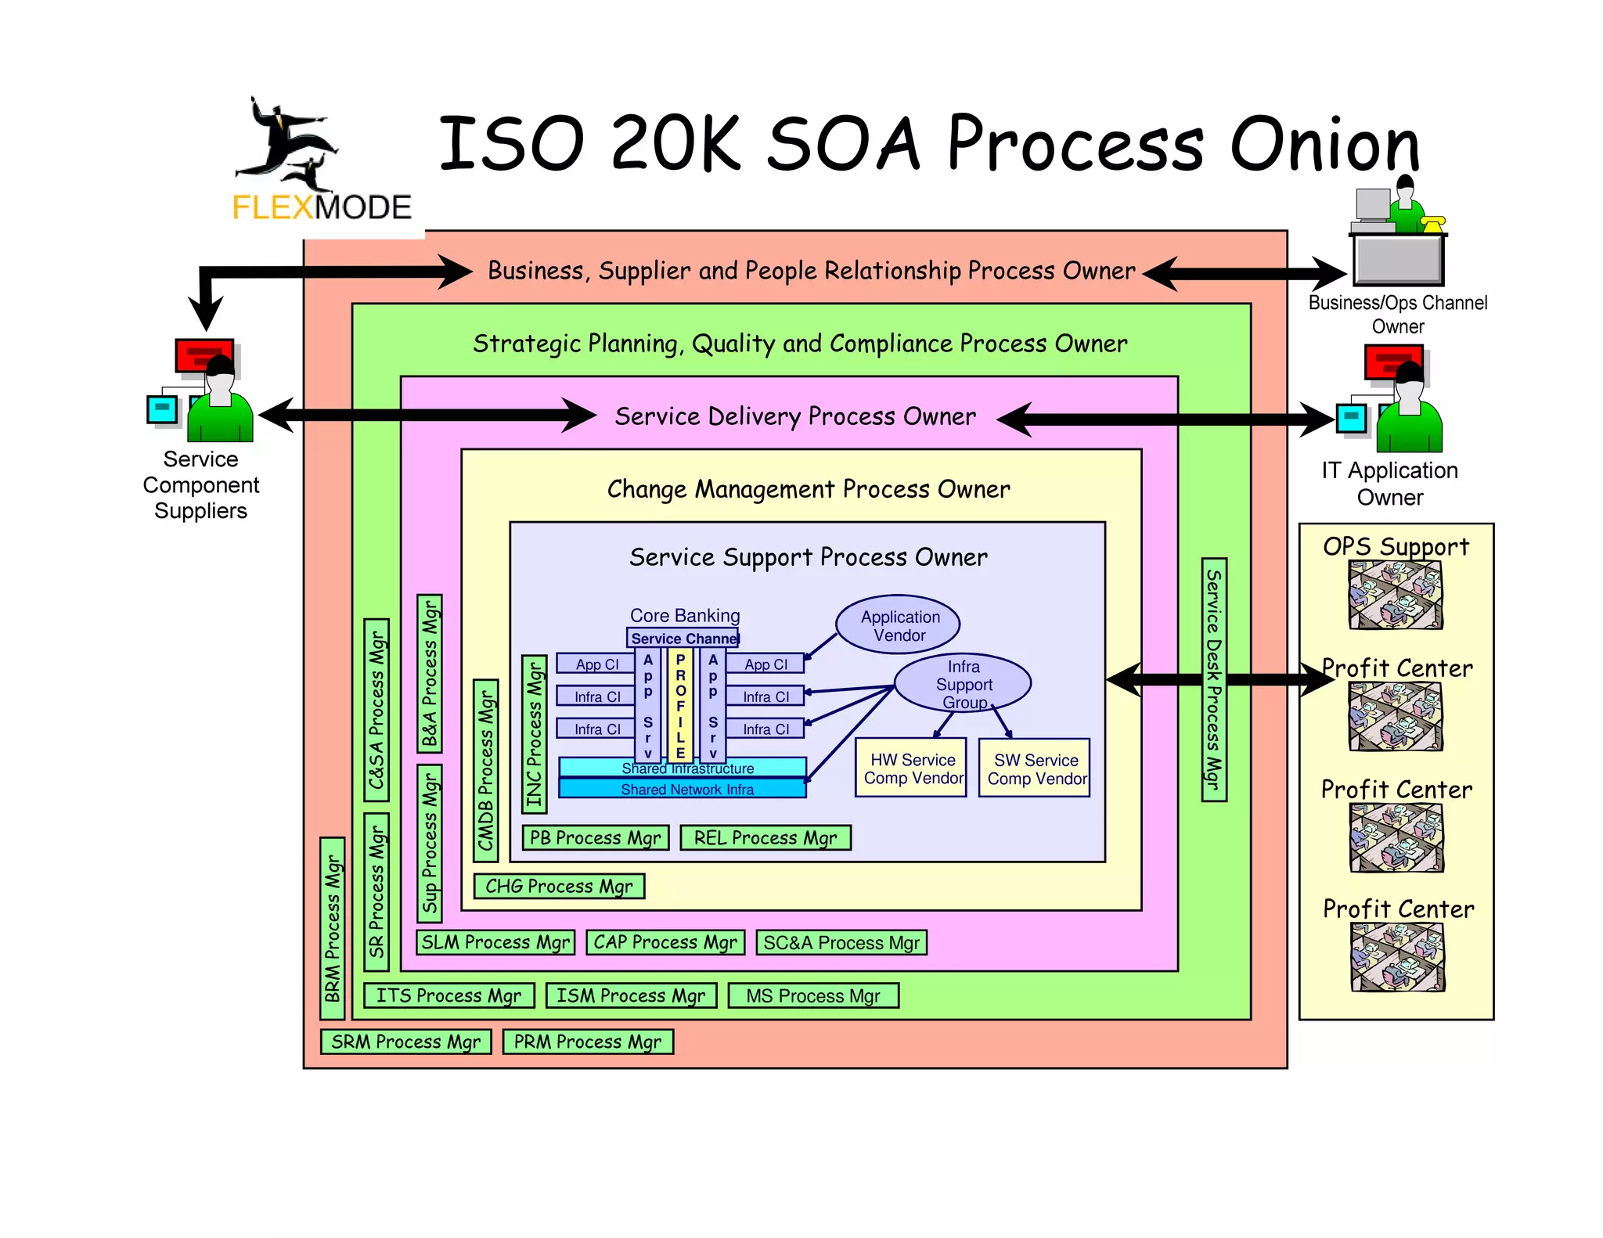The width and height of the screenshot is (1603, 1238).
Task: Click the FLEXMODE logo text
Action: pyautogui.click(x=322, y=207)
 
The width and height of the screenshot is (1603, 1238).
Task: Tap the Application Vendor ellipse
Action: pyautogui.click(x=898, y=625)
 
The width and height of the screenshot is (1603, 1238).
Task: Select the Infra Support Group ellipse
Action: pyautogui.click(x=963, y=683)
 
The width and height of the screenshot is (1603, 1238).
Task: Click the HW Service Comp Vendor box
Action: pyautogui.click(x=912, y=768)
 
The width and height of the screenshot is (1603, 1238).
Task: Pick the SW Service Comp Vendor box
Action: pyautogui.click(x=1036, y=768)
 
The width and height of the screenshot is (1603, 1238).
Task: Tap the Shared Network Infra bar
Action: pyautogui.click(x=683, y=789)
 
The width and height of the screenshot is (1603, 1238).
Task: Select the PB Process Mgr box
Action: pyautogui.click(x=595, y=838)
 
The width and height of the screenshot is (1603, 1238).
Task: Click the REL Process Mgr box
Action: pyautogui.click(x=765, y=838)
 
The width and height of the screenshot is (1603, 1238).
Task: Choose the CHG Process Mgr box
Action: pyautogui.click(x=559, y=887)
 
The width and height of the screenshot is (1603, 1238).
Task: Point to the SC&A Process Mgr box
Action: pyautogui.click(x=841, y=943)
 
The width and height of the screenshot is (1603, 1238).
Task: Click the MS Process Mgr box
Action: pyautogui.click(x=812, y=996)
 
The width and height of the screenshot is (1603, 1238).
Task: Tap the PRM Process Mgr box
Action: pyautogui.click(x=587, y=1042)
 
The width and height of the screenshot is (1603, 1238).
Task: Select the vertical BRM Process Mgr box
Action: pyautogui.click(x=333, y=929)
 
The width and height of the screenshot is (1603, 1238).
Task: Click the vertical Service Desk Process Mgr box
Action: pyautogui.click(x=1213, y=679)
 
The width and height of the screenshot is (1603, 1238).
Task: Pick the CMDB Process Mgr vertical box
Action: pyautogui.click(x=486, y=771)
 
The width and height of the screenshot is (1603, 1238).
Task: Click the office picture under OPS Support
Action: pyautogui.click(x=1396, y=596)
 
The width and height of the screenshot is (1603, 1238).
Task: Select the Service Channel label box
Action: pyautogui.click(x=683, y=638)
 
